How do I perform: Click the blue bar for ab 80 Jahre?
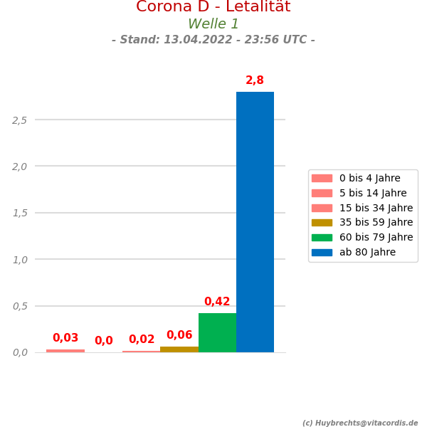point(255,222)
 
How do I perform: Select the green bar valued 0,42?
point(217,332)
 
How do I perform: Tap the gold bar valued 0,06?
point(179,349)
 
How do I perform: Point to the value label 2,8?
point(255,80)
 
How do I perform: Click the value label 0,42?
point(217,302)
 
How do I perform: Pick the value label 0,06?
point(179,335)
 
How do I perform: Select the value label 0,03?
point(65,338)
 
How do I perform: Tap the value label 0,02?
point(142,339)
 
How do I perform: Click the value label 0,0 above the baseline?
point(104,341)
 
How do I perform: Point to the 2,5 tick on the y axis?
point(20,120)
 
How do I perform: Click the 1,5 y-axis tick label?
point(20,213)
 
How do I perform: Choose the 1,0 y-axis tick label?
point(20,259)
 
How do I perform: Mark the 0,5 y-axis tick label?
point(20,306)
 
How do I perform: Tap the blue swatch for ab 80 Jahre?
point(322,252)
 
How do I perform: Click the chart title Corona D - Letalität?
point(213,7)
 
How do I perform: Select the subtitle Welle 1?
point(213,24)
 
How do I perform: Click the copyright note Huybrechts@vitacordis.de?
point(360,423)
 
